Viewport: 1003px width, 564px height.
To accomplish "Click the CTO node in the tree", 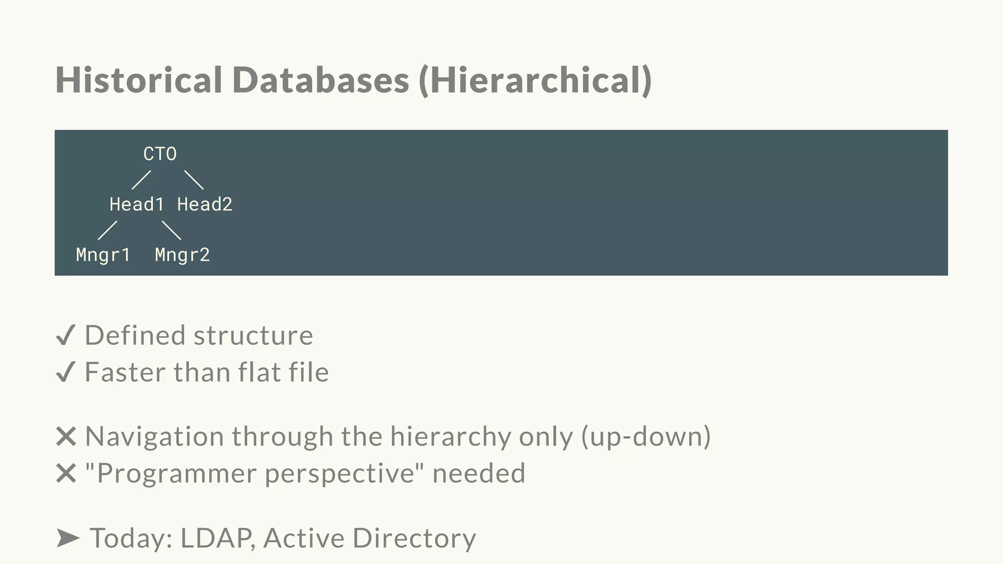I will [x=160, y=154].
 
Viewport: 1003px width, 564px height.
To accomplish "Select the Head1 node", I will [x=136, y=205].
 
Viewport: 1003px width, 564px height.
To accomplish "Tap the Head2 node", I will [x=205, y=205].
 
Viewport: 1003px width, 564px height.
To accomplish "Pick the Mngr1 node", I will [x=103, y=255].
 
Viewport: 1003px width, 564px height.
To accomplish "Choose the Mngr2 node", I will [x=182, y=255].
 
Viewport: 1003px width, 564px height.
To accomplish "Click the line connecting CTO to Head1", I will [x=141, y=180].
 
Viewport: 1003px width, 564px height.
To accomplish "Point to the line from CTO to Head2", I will [x=194, y=180].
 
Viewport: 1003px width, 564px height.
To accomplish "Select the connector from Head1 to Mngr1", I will [x=107, y=230].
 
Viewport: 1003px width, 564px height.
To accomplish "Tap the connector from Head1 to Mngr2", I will [x=171, y=230].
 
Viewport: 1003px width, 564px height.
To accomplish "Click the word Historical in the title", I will [x=139, y=80].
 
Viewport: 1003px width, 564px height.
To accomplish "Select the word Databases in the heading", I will [x=320, y=80].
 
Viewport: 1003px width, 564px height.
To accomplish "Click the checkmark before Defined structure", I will [x=66, y=336].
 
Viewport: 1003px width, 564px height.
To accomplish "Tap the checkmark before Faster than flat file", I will [x=66, y=372].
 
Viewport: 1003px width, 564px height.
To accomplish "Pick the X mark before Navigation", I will [x=66, y=436].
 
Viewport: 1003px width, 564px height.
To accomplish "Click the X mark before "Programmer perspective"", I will [x=66, y=473].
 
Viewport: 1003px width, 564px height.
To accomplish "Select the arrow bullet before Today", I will [x=68, y=538].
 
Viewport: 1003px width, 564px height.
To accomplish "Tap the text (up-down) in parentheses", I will [x=646, y=436].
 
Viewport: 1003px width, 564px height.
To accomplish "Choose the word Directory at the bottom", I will [x=414, y=538].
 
